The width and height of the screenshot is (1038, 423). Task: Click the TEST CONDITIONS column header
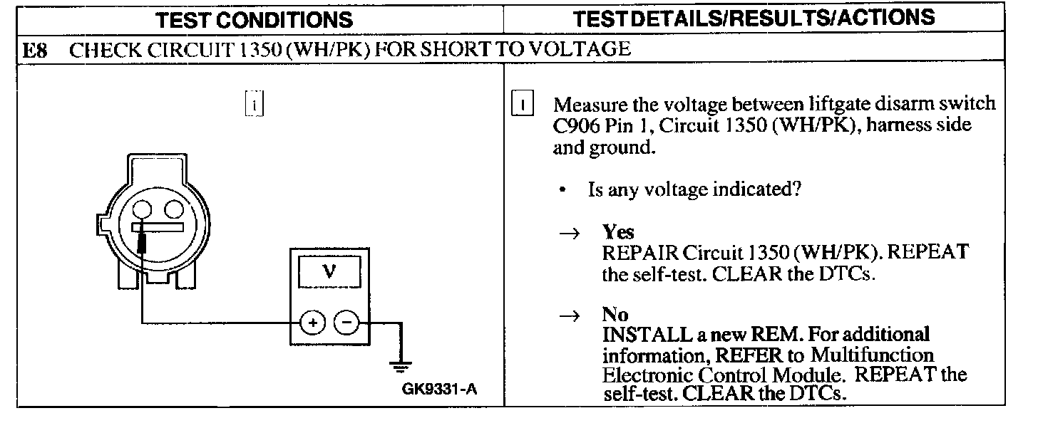[255, 19]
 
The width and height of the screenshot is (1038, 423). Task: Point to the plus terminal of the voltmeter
[312, 322]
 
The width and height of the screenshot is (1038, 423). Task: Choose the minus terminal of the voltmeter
[346, 322]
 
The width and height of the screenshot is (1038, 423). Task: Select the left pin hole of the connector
[142, 210]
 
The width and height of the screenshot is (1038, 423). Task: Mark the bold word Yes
[617, 233]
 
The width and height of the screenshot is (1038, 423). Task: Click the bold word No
[615, 315]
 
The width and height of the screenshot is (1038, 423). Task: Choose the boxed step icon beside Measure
[523, 104]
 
